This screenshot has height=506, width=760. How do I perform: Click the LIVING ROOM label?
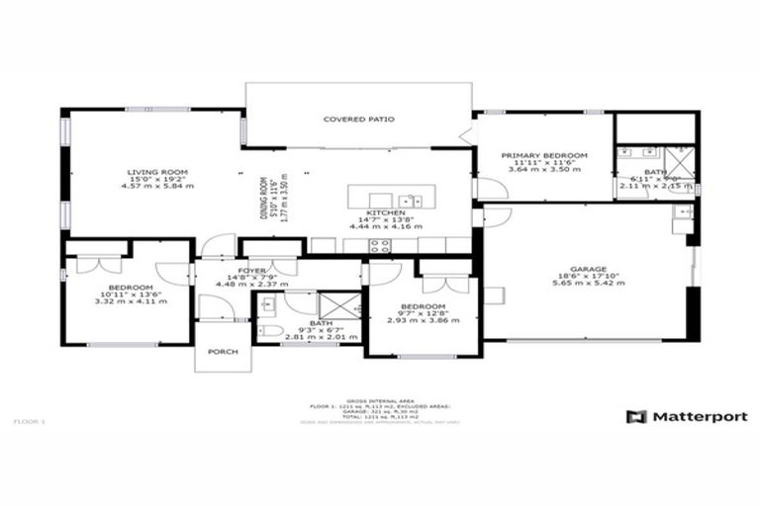(x=157, y=171)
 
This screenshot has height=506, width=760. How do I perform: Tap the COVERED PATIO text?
(x=359, y=120)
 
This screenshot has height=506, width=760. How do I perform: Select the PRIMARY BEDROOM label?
(x=544, y=155)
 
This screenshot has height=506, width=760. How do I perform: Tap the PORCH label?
(x=223, y=353)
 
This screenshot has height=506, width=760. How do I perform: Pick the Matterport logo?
(x=687, y=417)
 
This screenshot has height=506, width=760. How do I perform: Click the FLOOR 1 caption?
(x=29, y=422)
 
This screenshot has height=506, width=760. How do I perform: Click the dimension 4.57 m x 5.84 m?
(x=157, y=186)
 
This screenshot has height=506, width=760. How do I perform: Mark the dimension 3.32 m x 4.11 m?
(x=125, y=299)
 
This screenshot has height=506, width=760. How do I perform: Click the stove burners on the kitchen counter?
(x=380, y=245)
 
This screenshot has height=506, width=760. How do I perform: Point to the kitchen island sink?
(x=411, y=201)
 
